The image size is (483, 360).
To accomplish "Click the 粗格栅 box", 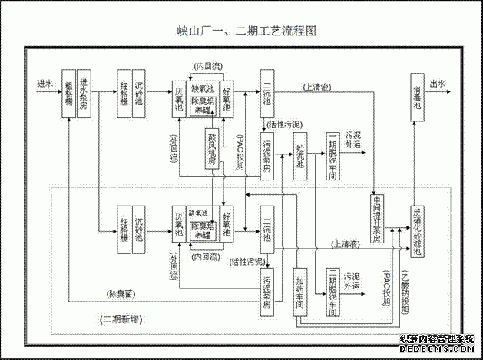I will (x=69, y=93).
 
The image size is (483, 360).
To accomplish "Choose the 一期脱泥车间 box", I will (x=332, y=157).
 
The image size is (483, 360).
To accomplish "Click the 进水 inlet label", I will (x=45, y=82).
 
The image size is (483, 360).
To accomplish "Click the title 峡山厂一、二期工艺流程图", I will (x=240, y=31).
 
